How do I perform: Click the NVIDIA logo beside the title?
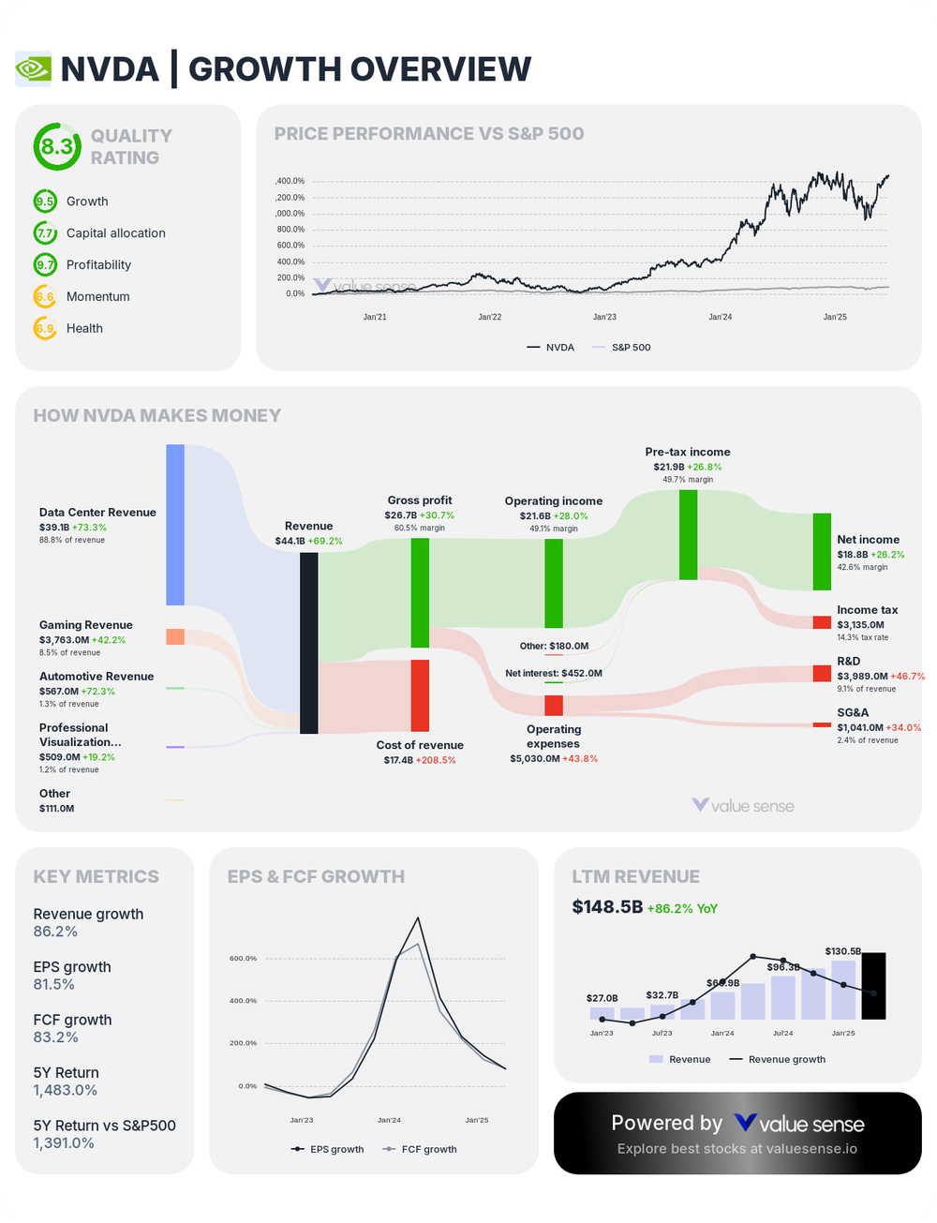(x=34, y=69)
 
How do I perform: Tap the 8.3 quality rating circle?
(x=57, y=146)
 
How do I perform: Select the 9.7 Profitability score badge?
(x=45, y=265)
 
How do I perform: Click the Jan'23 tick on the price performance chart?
(x=604, y=317)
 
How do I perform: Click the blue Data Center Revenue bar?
(x=175, y=525)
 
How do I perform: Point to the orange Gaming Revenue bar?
(x=175, y=637)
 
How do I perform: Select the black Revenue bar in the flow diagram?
(x=308, y=643)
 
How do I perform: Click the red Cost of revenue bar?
(x=420, y=695)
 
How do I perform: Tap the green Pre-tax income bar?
(x=688, y=534)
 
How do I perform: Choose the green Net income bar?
(x=822, y=551)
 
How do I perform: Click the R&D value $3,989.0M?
(x=862, y=676)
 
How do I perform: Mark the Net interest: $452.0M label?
(x=553, y=673)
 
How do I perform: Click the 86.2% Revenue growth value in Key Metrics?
(x=55, y=932)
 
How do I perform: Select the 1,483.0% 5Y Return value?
(x=66, y=1090)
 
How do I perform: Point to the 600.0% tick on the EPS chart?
(x=243, y=959)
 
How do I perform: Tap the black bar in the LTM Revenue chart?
(x=873, y=986)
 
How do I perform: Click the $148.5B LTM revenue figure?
(x=607, y=907)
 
